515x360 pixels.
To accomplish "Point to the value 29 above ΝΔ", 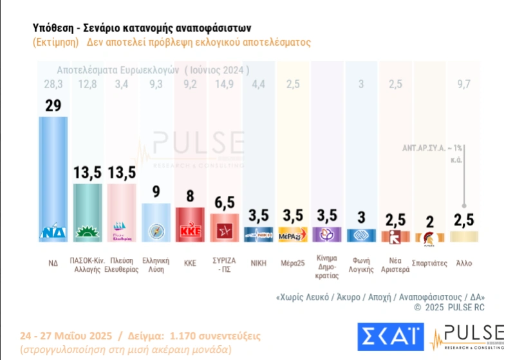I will coord(53,105).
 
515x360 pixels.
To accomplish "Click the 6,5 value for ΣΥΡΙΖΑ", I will coord(225,204).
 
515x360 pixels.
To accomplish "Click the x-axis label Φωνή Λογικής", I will coord(361,265).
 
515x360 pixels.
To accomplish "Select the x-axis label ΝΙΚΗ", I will coord(259,262).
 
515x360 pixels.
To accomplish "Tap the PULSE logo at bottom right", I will coord(467,337).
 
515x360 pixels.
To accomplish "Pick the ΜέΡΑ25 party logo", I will coord(294,235).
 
